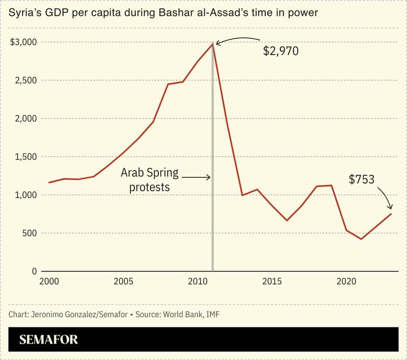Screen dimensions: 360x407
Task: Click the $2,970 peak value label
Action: [x=280, y=51]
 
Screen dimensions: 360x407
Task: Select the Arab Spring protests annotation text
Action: [x=149, y=180]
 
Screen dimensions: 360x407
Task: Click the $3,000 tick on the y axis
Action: [x=23, y=42]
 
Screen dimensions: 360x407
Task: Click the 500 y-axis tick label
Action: [x=29, y=234]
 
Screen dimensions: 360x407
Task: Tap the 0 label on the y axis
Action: [x=34, y=272]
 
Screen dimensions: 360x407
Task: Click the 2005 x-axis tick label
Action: [x=123, y=281]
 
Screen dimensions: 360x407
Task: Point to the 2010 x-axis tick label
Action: [x=197, y=281]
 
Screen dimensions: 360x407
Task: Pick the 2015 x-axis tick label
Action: [x=272, y=281]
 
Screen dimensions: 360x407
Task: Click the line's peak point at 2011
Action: [x=212, y=44]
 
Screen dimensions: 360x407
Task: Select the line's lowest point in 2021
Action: [x=361, y=239]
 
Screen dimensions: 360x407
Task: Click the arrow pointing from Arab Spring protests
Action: [x=196, y=177]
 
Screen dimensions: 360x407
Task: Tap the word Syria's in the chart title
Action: [x=25, y=12]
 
